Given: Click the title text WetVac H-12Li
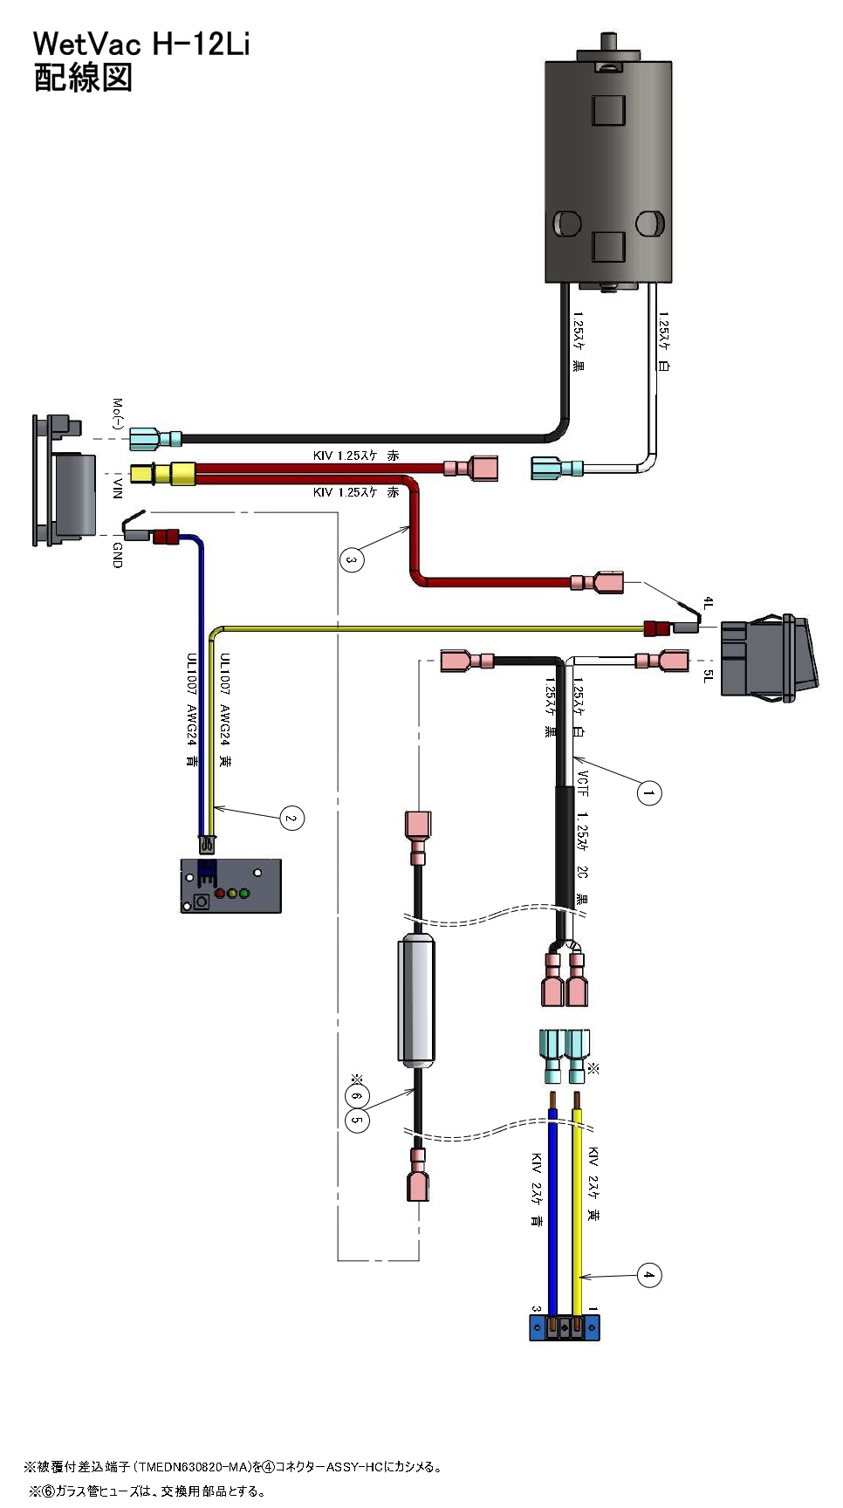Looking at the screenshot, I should [141, 44].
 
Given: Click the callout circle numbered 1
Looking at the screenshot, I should [648, 793].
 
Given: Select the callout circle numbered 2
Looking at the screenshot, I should [291, 819].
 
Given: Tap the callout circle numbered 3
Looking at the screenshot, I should [351, 559].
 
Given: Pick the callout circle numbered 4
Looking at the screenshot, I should [648, 1275].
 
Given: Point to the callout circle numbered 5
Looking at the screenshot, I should [357, 1120].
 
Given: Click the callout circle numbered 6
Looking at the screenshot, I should [357, 1096].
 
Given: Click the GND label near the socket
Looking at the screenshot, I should [118, 555].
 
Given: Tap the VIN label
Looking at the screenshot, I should [118, 487].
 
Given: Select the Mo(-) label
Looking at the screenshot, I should [118, 414].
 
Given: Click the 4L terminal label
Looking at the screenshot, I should [709, 604].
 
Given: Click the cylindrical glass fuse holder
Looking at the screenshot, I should [416, 1001].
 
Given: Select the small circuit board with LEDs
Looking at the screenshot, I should [231, 886].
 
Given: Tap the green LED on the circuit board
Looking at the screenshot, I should [244, 894].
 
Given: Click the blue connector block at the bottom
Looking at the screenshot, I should [565, 1327].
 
